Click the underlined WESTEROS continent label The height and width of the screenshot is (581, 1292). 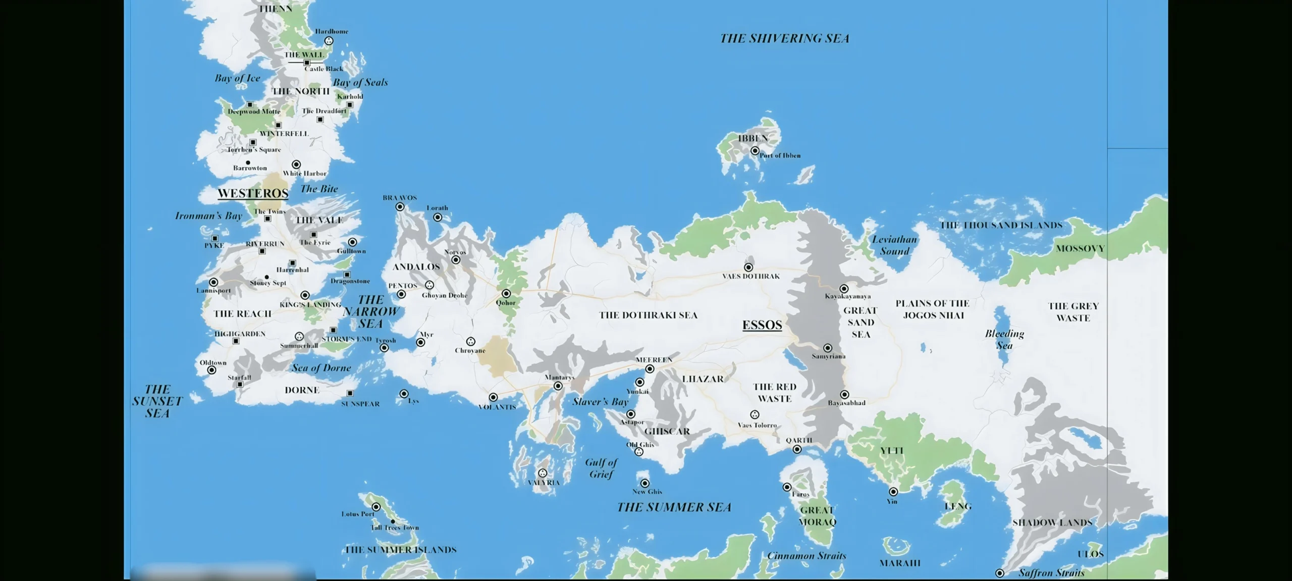click(253, 193)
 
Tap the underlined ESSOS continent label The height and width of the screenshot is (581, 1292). click(762, 325)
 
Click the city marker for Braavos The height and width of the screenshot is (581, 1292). click(400, 207)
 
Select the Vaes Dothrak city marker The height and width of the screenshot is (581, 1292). click(748, 268)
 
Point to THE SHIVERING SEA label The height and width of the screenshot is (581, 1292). click(784, 38)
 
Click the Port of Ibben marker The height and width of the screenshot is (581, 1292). click(755, 151)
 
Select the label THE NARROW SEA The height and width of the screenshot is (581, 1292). click(371, 311)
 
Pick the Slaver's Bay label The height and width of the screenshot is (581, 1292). click(600, 402)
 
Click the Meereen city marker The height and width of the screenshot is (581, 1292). click(650, 369)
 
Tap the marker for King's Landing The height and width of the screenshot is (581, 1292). click(305, 295)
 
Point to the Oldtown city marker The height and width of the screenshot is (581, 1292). click(212, 371)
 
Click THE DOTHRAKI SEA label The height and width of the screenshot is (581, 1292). click(648, 315)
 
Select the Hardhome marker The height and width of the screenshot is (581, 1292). click(329, 41)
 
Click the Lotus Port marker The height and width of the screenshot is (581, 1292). click(376, 507)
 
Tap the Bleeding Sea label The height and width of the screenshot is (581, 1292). click(1004, 340)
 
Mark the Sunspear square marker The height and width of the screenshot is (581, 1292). click(350, 393)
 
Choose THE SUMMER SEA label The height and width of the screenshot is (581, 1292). click(674, 507)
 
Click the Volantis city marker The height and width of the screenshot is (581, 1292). click(493, 398)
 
